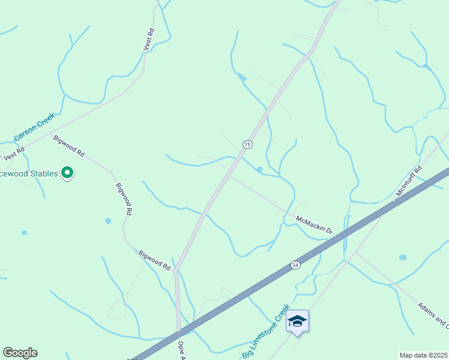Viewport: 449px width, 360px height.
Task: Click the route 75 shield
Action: click(x=247, y=145)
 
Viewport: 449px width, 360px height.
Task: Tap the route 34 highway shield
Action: click(x=295, y=265)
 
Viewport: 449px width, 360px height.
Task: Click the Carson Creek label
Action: click(x=34, y=127)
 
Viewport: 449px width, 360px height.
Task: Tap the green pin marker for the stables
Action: click(x=68, y=173)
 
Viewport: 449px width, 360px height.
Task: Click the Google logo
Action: click(x=20, y=353)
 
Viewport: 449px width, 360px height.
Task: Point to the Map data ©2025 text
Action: click(x=423, y=355)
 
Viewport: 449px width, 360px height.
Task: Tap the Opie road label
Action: click(x=182, y=350)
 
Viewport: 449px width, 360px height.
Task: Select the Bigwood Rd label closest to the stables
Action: click(x=68, y=146)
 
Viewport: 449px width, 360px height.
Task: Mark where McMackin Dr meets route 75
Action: click(x=228, y=175)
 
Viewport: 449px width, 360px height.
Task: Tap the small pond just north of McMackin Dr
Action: click(x=259, y=170)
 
